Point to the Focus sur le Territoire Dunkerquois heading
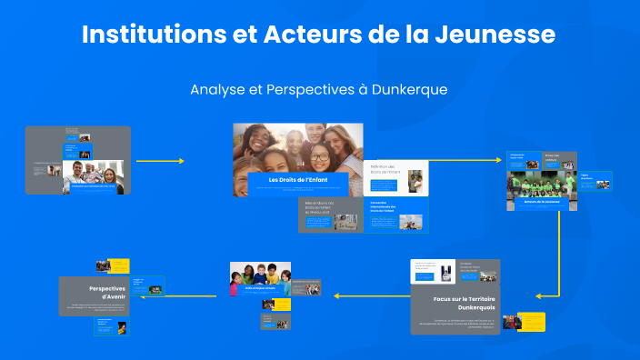[x=455, y=303]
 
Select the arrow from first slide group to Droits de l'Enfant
[x=160, y=161]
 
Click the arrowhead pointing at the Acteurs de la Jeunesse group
[x=499, y=161]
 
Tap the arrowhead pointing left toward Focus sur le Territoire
[x=539, y=295]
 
